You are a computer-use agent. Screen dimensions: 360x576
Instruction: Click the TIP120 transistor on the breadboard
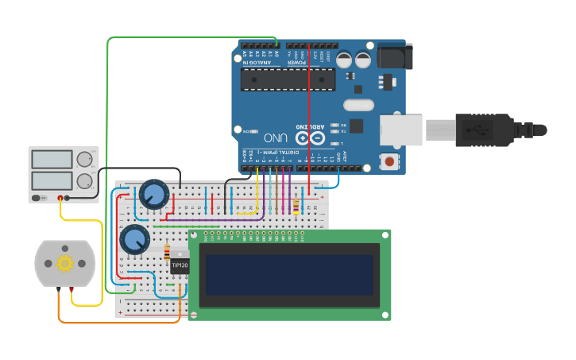pos(180,265)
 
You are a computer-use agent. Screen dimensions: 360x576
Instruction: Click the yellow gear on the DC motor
pos(64,263)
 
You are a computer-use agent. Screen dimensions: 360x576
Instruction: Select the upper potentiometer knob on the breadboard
pos(153,194)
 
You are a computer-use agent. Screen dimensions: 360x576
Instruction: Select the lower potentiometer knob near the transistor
pos(133,238)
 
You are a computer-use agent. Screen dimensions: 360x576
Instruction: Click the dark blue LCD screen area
pos(287,274)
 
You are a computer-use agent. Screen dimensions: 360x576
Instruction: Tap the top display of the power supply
pos(52,159)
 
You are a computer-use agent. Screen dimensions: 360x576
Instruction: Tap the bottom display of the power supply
pos(52,180)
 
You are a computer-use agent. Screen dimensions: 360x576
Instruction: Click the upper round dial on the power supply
pos(84,159)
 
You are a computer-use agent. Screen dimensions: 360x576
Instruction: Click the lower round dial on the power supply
pos(84,180)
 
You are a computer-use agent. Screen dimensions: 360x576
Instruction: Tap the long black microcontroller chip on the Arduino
pos(288,79)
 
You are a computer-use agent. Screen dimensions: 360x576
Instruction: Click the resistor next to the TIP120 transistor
pos(166,252)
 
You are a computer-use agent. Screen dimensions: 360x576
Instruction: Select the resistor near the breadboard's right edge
pos(297,207)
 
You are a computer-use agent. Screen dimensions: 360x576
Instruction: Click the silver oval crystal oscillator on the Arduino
pos(358,104)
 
